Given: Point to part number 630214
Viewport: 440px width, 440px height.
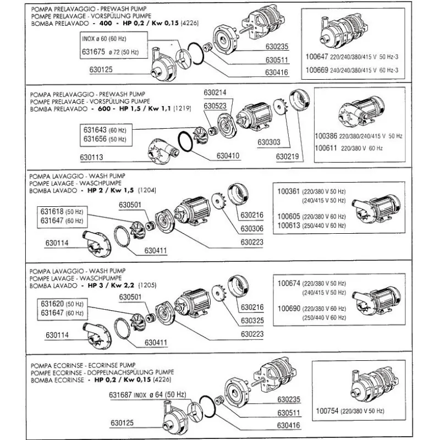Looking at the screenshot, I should point(216,93).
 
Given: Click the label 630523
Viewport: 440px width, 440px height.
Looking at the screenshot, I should point(216,106).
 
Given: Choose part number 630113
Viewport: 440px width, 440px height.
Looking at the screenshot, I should point(92,158).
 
